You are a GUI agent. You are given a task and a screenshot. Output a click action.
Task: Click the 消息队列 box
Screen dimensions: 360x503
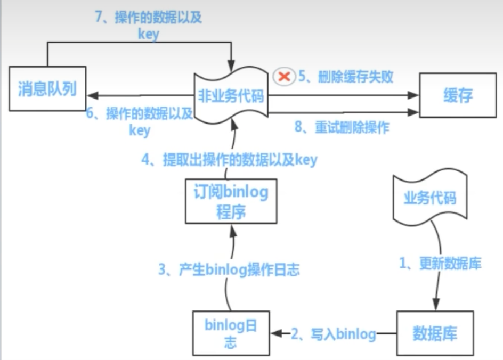coord(47,88)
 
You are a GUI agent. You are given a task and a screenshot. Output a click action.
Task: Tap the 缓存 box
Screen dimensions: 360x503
coord(458,96)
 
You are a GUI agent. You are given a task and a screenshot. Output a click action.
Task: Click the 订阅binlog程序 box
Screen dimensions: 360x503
coord(231,201)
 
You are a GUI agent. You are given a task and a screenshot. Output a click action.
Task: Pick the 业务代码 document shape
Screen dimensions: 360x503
coord(431,198)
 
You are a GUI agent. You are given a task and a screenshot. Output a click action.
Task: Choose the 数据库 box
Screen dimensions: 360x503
coord(435,334)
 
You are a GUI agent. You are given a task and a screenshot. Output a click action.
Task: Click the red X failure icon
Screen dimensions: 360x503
coord(285,77)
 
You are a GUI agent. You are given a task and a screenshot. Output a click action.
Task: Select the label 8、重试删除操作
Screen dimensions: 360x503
coord(342,128)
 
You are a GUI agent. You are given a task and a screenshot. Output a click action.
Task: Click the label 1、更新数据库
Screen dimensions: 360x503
coord(441,263)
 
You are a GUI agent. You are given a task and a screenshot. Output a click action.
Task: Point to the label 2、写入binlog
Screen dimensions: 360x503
coord(334,334)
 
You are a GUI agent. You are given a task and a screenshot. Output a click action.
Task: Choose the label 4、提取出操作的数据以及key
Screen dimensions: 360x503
coord(229,160)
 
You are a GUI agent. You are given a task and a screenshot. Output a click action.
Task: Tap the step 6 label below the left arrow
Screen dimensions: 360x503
coord(140,121)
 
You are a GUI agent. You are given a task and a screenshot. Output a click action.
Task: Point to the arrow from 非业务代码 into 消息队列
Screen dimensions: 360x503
coord(139,96)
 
